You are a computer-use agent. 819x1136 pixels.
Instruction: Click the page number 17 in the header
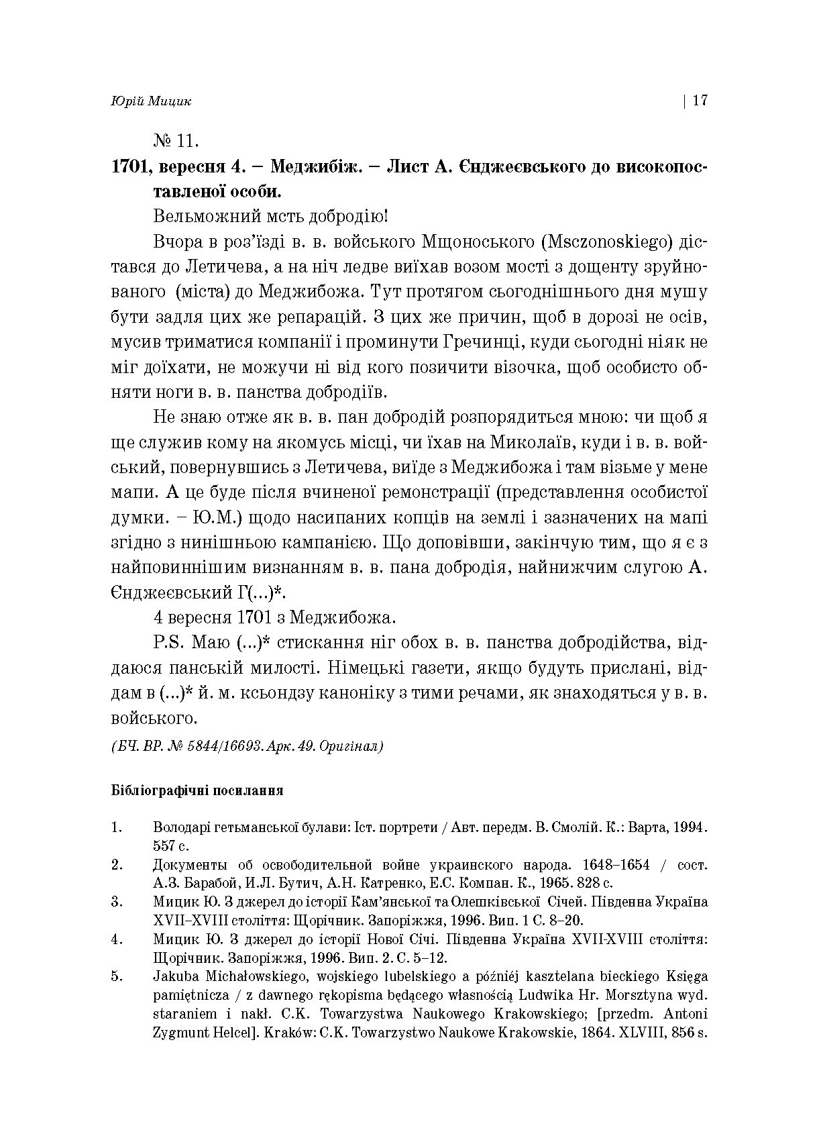click(700, 101)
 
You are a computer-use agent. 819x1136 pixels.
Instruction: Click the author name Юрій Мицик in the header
click(151, 101)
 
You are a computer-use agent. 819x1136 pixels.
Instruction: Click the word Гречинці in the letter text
click(474, 342)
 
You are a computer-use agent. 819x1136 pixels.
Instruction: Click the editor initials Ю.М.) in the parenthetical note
click(209, 518)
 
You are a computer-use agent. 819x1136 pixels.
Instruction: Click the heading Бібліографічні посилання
click(197, 790)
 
